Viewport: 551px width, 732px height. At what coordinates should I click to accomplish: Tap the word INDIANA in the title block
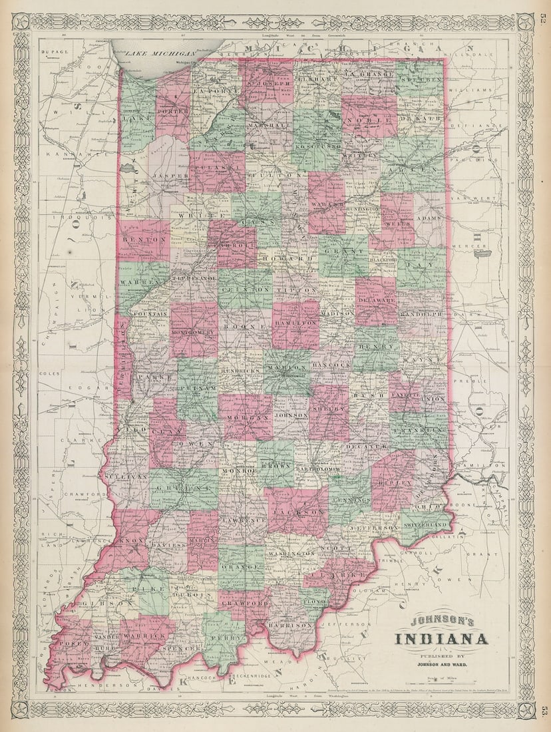pyautogui.click(x=442, y=640)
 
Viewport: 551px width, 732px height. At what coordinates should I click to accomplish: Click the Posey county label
pyautogui.click(x=69, y=644)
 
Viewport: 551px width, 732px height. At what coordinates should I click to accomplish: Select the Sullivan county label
pyautogui.click(x=124, y=477)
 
